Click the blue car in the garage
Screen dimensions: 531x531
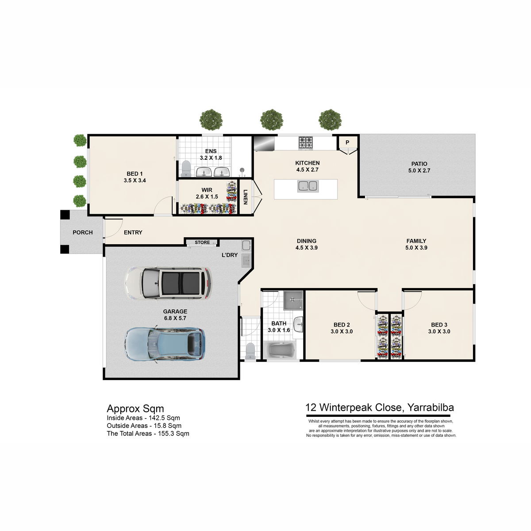[x=165, y=344]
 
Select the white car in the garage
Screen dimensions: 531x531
[x=168, y=283]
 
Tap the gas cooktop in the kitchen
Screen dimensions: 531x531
[x=305, y=143]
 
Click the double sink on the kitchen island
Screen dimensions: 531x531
[x=308, y=186]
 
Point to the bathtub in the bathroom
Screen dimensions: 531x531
[x=280, y=350]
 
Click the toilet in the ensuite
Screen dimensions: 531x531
[x=186, y=169]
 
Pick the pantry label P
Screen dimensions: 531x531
[x=347, y=142]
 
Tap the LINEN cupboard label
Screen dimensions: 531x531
[x=246, y=197]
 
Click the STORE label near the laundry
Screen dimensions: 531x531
[x=202, y=242]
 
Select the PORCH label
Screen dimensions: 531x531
[x=83, y=233]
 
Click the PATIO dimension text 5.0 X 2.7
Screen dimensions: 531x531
[x=419, y=170]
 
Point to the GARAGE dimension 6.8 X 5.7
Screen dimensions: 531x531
[x=175, y=318]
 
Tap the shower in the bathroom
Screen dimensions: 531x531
[x=293, y=300]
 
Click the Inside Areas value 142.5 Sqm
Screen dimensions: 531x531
[x=164, y=418]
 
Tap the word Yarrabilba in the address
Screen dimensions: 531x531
[x=431, y=408]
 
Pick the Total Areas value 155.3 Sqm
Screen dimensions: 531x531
[x=173, y=434]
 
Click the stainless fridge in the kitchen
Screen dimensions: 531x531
[x=264, y=143]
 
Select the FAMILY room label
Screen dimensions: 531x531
[x=416, y=241]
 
